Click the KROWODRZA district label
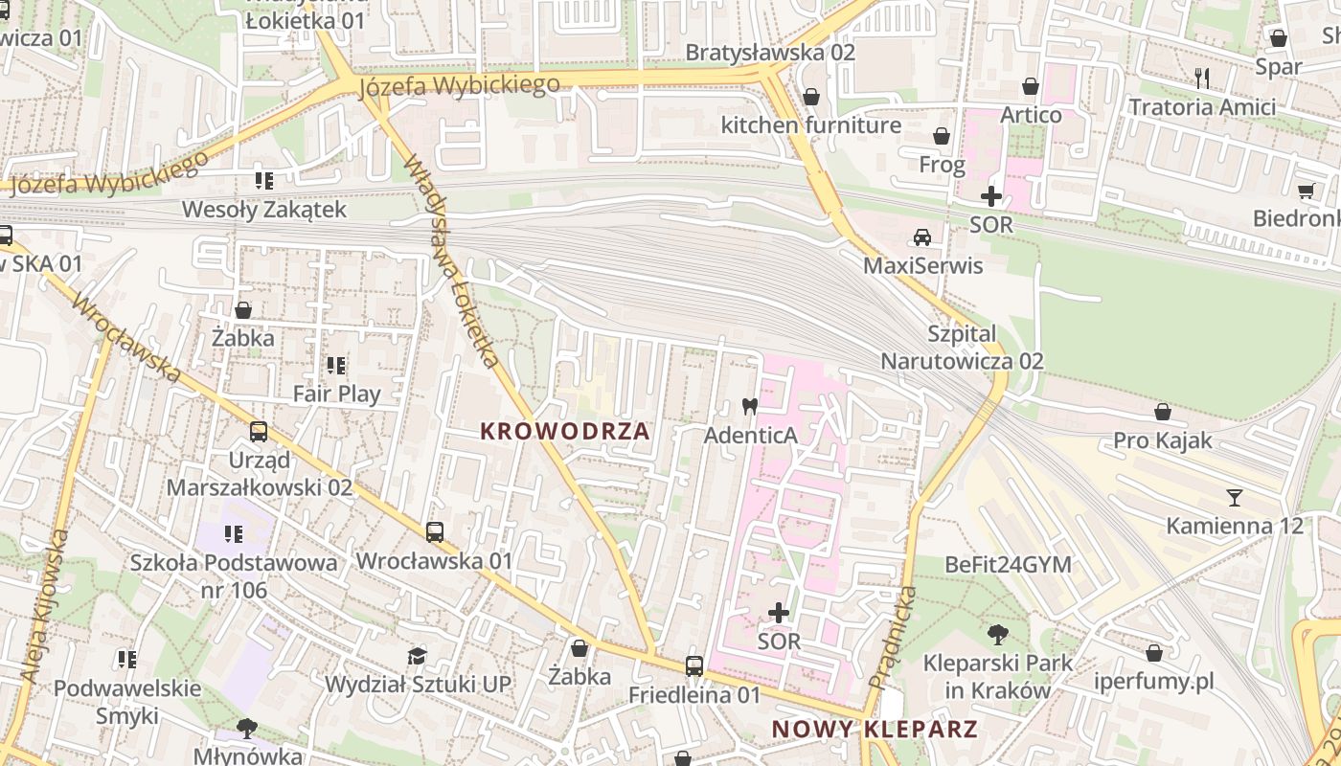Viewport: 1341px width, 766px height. coord(565,431)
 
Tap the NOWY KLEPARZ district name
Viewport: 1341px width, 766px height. coord(875,729)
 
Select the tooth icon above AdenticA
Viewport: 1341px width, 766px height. coord(750,406)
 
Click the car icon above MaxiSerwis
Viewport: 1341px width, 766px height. coord(922,237)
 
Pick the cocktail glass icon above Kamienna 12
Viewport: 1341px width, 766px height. coord(1234,497)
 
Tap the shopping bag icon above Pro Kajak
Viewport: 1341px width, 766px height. coord(1162,412)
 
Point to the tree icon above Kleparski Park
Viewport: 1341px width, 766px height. coord(997,633)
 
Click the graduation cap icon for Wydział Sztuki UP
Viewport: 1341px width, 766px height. coord(417,656)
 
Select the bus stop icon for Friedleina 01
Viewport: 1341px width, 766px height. coord(694,665)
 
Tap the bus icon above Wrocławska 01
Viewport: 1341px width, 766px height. coord(435,531)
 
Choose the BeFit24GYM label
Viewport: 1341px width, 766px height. coord(1008,564)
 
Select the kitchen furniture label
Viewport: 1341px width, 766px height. coord(810,125)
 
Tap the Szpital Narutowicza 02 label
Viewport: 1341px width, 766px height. coord(962,348)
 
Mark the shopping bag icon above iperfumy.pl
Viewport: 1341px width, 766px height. coord(1154,653)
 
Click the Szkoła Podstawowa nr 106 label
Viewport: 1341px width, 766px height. coord(235,575)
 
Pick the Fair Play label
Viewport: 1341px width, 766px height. coord(336,394)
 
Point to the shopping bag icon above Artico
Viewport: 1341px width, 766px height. coord(1031,86)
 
